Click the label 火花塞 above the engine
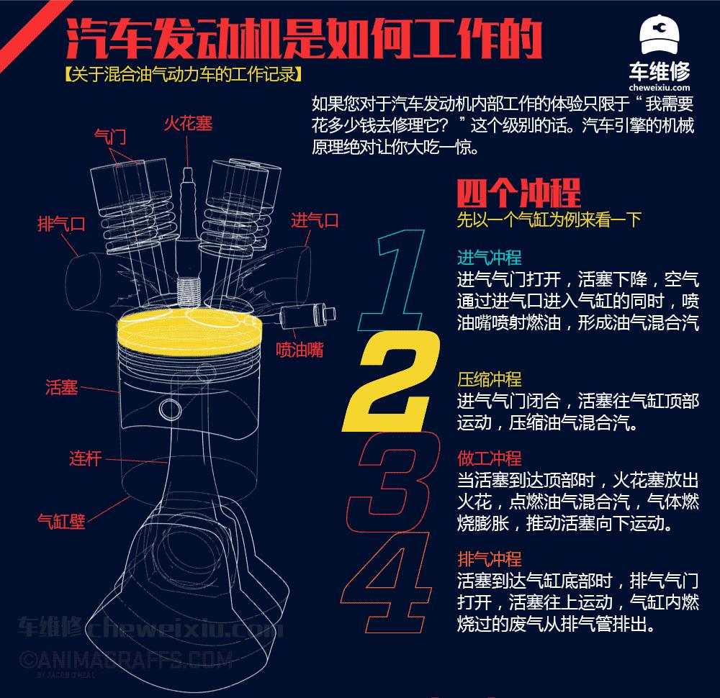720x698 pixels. pos(188,124)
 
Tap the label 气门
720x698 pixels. pos(111,136)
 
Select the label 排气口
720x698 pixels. pos(61,224)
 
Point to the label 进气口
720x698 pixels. pos(315,220)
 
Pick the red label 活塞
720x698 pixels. pos(61,388)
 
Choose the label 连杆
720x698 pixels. pos(85,458)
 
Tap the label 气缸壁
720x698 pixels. pos(61,520)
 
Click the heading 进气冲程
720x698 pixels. pos(489,258)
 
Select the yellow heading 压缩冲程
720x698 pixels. pos(489,379)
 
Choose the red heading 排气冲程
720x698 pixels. pos(489,559)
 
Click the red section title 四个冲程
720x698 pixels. pos(518,193)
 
